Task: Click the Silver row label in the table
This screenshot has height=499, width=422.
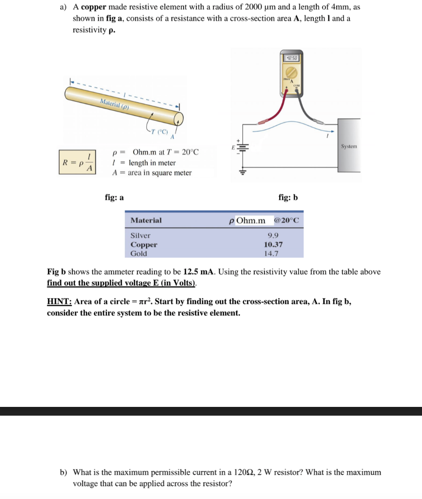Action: [x=141, y=235]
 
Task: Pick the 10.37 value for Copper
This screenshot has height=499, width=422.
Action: [x=273, y=245]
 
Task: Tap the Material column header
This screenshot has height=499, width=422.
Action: [x=146, y=220]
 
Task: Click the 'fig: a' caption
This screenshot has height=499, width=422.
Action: [x=115, y=197]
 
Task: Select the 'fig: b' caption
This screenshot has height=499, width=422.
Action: [x=288, y=197]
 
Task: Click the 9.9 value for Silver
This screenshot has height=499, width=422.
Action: [x=273, y=235]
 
